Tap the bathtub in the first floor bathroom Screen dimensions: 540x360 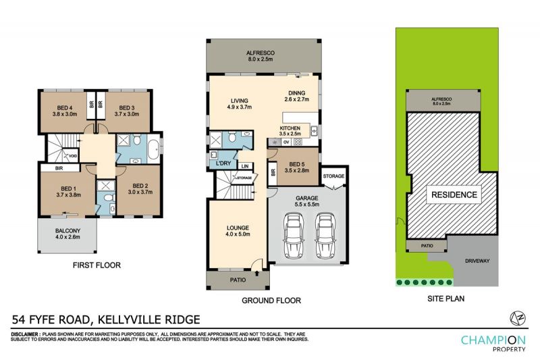click(x=154, y=149)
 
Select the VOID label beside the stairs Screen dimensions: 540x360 click(x=73, y=156)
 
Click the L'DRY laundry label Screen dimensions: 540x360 click(x=223, y=163)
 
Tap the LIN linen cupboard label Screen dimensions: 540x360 click(x=245, y=166)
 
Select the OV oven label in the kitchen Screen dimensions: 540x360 click(x=286, y=142)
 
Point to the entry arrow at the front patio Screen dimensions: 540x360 click(x=257, y=274)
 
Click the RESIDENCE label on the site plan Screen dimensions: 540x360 click(x=454, y=195)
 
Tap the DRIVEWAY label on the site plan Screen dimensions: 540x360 click(x=477, y=261)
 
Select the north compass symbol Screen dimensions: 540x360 click(x=518, y=318)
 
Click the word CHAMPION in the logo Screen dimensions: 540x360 click(x=493, y=340)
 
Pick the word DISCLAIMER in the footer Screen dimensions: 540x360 click(x=25, y=334)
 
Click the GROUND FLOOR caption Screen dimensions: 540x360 click(x=271, y=301)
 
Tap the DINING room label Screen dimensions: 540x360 click(x=297, y=93)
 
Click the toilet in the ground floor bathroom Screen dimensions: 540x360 click(x=233, y=136)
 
